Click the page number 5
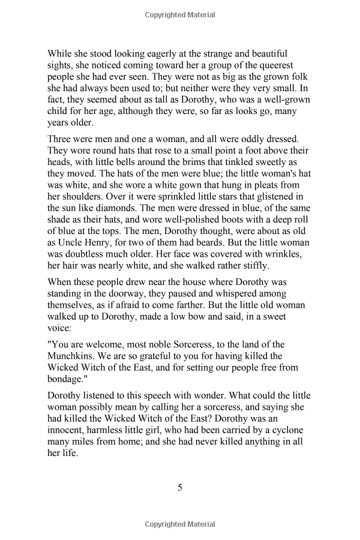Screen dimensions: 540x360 click(179, 487)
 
